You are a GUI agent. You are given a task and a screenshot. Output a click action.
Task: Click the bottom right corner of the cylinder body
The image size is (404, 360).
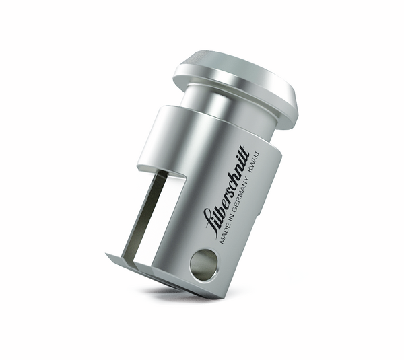coord(220,297)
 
